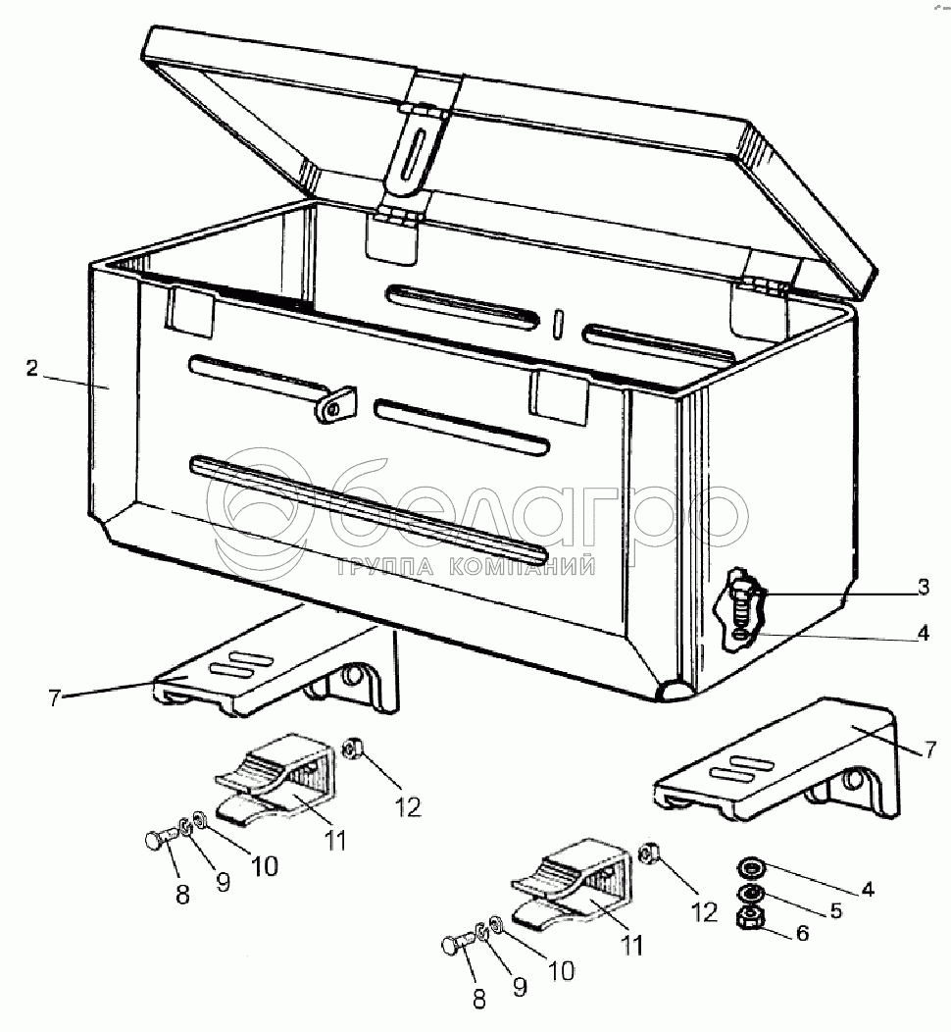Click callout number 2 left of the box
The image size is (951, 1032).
click(31, 369)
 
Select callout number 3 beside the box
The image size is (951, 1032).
click(923, 589)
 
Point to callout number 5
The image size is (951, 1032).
click(835, 909)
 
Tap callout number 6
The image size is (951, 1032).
click(802, 933)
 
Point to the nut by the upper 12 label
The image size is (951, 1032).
click(351, 750)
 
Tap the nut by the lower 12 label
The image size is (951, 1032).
click(648, 853)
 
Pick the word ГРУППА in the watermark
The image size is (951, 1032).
click(374, 566)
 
